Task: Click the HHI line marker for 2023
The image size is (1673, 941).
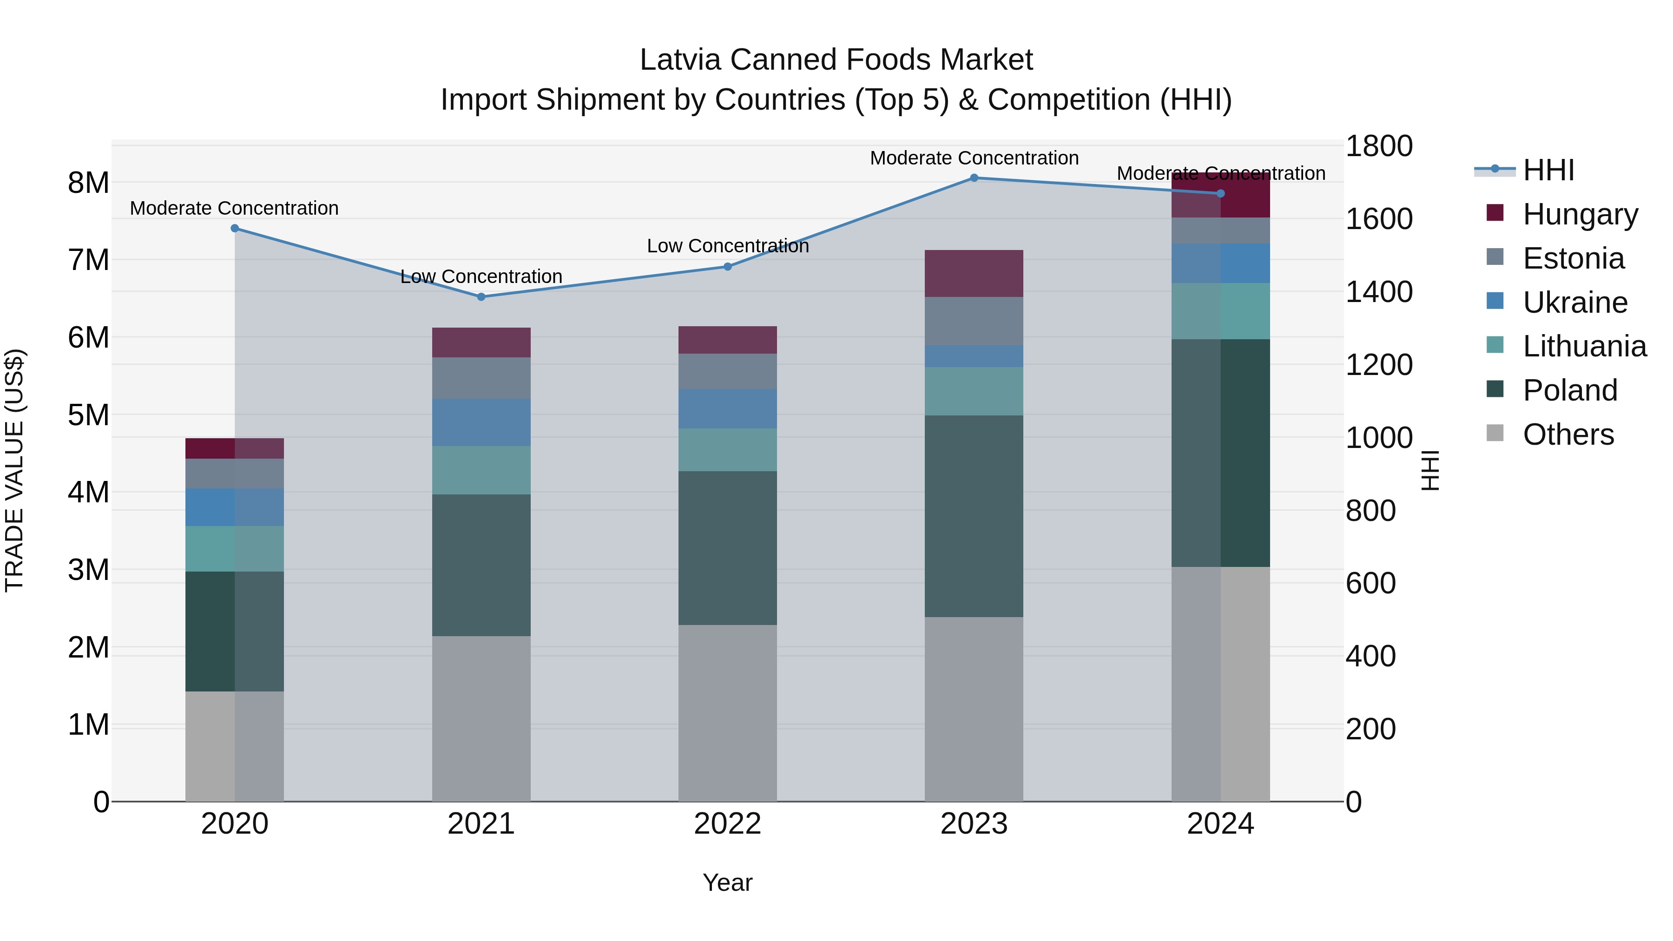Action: (x=974, y=178)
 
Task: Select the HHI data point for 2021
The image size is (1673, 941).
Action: (x=481, y=297)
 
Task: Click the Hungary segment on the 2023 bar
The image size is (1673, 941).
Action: (x=974, y=273)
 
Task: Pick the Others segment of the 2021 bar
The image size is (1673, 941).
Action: (x=481, y=718)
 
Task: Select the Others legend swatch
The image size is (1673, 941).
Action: (x=1495, y=433)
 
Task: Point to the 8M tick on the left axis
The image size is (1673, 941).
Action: (x=88, y=183)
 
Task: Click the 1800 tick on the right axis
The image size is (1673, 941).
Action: (x=1378, y=146)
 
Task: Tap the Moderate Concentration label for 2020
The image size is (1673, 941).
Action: (x=235, y=209)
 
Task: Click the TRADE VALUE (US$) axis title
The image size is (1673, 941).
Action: (x=14, y=470)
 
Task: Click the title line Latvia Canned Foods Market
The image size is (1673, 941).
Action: (x=836, y=60)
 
